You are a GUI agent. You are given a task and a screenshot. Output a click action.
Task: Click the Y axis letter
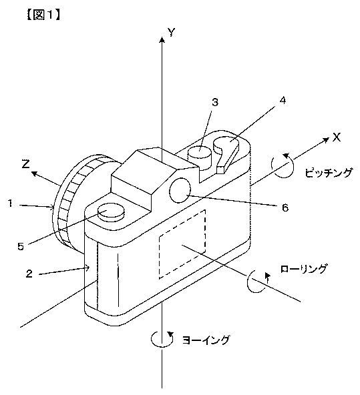pyautogui.click(x=172, y=33)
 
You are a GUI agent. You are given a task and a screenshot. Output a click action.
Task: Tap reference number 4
pyautogui.click(x=283, y=101)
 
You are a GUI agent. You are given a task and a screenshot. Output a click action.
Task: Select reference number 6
pyautogui.click(x=285, y=208)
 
